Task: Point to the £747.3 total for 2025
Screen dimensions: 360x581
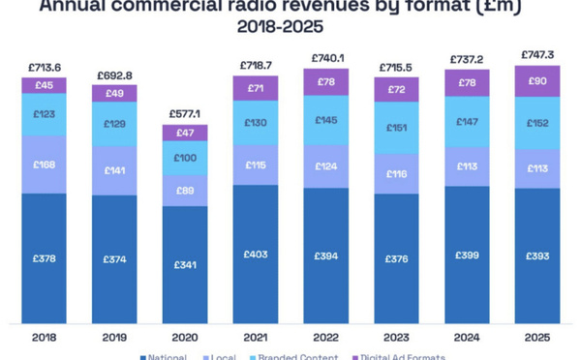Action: pyautogui.click(x=537, y=54)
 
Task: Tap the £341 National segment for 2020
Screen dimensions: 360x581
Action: pyautogui.click(x=184, y=264)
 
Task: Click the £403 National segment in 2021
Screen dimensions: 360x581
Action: pyautogui.click(x=255, y=255)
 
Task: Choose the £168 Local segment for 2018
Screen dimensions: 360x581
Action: pyautogui.click(x=44, y=164)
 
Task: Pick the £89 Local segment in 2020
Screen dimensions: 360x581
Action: pyautogui.click(x=184, y=191)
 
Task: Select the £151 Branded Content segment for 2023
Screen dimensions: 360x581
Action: pyautogui.click(x=396, y=127)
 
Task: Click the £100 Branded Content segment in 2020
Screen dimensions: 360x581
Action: pyautogui.click(x=184, y=158)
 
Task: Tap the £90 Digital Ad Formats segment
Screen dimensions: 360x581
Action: pyautogui.click(x=537, y=80)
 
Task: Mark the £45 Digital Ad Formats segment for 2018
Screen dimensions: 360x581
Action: pyautogui.click(x=44, y=85)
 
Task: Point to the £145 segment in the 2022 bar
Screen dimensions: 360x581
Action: pyautogui.click(x=325, y=119)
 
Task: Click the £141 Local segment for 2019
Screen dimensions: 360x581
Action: pyautogui.click(x=114, y=169)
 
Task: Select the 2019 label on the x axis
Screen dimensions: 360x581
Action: pyautogui.click(x=114, y=337)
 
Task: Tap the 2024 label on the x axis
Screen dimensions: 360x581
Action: pyautogui.click(x=467, y=337)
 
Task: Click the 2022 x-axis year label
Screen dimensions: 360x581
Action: pyautogui.click(x=325, y=337)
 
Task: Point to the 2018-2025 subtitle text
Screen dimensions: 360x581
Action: pyautogui.click(x=290, y=26)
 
